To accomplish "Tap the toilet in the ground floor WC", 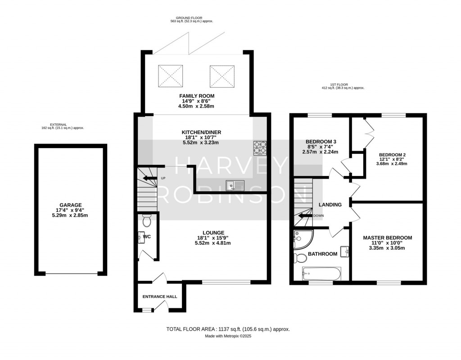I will [146, 221].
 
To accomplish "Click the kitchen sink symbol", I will [235, 184].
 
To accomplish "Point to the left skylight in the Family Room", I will [171, 76].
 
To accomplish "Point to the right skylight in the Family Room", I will [222, 76].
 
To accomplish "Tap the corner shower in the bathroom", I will [299, 239].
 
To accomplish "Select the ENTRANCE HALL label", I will [159, 297].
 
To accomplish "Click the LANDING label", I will [330, 205].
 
